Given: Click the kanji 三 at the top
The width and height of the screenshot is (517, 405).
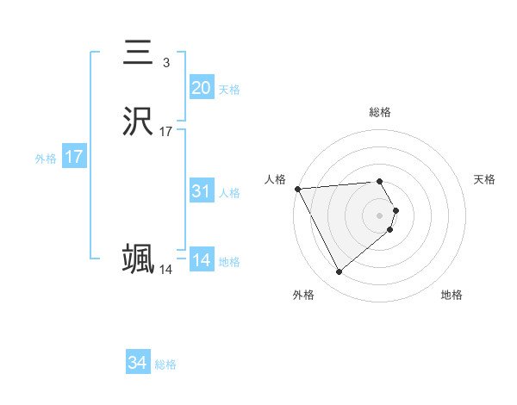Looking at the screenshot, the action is (138, 53).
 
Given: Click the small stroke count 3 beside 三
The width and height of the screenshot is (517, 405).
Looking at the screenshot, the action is (165, 63).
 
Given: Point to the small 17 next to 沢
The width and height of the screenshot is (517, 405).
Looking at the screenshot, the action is (166, 132).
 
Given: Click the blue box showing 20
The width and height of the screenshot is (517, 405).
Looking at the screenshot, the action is (201, 88).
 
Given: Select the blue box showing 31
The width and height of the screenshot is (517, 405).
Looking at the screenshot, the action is (201, 191).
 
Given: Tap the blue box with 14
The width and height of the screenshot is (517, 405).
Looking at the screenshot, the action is (201, 260).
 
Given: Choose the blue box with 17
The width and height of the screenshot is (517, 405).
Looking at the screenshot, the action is (73, 157).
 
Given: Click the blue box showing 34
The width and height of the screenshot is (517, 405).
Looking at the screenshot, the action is (138, 364).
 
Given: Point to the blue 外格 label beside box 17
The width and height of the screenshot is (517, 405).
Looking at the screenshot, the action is (46, 159).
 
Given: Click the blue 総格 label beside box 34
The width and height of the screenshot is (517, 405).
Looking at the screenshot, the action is (165, 365).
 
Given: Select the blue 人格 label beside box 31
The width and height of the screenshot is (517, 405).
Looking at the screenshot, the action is (230, 193).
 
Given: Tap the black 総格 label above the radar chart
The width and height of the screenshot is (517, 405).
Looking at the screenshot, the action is (380, 112).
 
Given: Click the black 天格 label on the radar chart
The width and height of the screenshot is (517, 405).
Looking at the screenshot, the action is (484, 179).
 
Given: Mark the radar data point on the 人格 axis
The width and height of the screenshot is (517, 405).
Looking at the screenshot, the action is (297, 189).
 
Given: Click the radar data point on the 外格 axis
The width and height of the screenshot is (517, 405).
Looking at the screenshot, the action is (339, 272).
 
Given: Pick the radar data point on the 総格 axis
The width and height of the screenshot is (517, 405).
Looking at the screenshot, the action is (380, 182).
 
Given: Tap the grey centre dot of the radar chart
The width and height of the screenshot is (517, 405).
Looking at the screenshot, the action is (380, 215).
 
